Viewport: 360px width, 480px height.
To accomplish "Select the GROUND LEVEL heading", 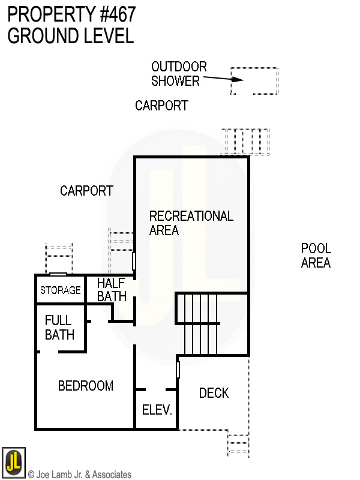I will point(70,36).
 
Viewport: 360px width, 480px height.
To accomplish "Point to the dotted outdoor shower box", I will point(255,81).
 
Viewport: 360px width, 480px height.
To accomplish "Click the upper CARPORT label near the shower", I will point(161,106).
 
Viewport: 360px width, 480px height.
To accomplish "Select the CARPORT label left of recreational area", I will point(86,191).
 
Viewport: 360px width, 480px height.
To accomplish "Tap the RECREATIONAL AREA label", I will point(191,223).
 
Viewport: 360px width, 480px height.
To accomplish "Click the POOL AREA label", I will point(316,256).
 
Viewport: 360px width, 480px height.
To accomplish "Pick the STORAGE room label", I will point(60,290).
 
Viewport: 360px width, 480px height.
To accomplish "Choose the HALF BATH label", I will point(112,290).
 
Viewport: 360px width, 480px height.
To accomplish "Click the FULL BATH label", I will point(59,328).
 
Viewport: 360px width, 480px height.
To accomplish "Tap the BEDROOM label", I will point(85,386).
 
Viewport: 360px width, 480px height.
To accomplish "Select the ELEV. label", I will point(157,411).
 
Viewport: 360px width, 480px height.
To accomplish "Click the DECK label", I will point(214,393).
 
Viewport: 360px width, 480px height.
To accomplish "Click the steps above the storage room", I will point(59,258).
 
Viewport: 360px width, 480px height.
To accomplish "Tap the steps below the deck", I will point(238,444).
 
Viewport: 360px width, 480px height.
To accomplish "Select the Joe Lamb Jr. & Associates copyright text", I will point(79,475).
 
